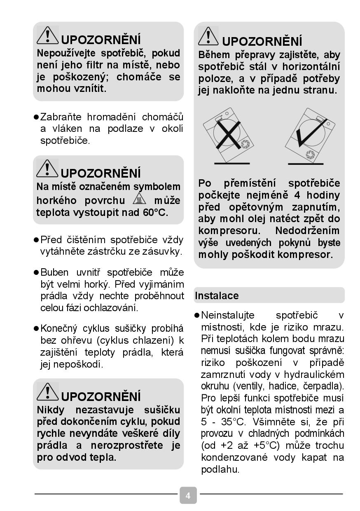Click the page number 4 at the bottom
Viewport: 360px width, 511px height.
pyautogui.click(x=188, y=495)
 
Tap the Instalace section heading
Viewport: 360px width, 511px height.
pyautogui.click(x=217, y=295)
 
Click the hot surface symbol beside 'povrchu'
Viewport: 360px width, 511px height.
pyautogui.click(x=139, y=200)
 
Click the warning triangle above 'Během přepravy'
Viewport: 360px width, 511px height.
pyautogui.click(x=208, y=37)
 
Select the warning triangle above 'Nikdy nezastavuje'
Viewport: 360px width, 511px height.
pyautogui.click(x=48, y=392)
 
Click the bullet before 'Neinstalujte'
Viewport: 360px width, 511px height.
pyautogui.click(x=197, y=315)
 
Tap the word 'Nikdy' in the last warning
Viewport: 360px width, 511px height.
pyautogui.click(x=51, y=410)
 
